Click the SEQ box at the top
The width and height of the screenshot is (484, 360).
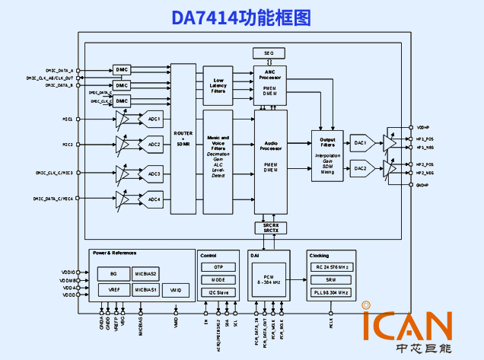(x=268, y=53)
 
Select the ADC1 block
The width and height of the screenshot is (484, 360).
(x=154, y=119)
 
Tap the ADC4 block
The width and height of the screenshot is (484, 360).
(x=154, y=199)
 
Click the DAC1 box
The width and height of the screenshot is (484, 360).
(x=360, y=142)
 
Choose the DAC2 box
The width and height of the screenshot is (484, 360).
(x=360, y=168)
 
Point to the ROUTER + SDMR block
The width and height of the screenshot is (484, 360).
(x=183, y=139)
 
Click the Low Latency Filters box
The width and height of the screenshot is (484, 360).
(x=218, y=85)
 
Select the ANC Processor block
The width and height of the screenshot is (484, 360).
(x=270, y=84)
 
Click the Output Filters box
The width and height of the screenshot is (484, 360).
(x=328, y=156)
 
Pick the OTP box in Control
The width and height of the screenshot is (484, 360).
(x=218, y=268)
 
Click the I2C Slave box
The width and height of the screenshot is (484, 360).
(x=218, y=292)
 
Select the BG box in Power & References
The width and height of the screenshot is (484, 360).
(x=113, y=274)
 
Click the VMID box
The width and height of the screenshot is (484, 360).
(x=176, y=290)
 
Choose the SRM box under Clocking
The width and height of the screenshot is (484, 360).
(x=331, y=280)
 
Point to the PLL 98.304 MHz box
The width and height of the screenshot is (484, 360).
(x=331, y=292)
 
